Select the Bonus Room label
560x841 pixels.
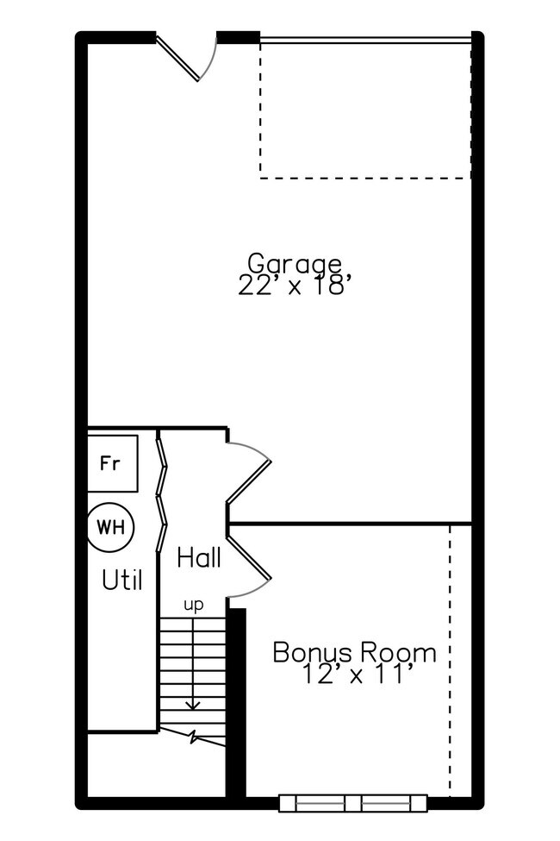pyautogui.click(x=354, y=652)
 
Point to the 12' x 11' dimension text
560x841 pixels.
pyautogui.click(x=353, y=675)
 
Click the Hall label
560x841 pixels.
pyautogui.click(x=199, y=558)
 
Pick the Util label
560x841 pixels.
pyautogui.click(x=122, y=581)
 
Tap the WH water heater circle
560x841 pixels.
pyautogui.click(x=110, y=526)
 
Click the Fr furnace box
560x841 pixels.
pyautogui.click(x=110, y=464)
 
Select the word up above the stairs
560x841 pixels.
pyautogui.click(x=194, y=605)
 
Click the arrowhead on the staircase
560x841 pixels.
pyautogui.click(x=193, y=705)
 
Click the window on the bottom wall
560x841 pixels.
pyautogui.click(x=353, y=803)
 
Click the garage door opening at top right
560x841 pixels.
pyautogui.click(x=365, y=39)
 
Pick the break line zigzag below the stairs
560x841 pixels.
pyautogui.click(x=194, y=738)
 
